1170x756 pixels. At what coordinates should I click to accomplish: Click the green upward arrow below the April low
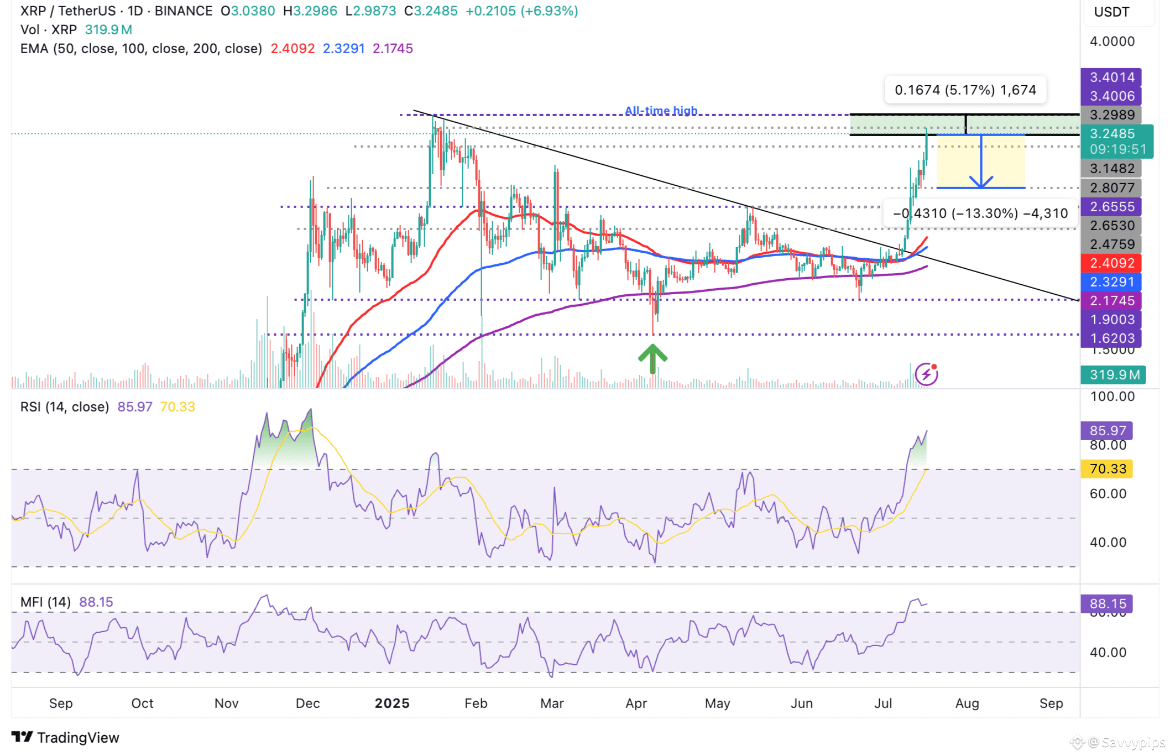point(652,358)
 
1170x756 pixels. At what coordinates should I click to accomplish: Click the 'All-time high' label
point(661,111)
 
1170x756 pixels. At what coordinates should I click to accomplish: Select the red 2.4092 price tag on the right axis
point(1111,263)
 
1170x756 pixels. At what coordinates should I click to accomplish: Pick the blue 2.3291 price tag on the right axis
point(1111,282)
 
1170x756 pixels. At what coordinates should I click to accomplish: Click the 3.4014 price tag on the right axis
point(1111,77)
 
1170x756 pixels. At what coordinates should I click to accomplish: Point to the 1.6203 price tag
point(1111,338)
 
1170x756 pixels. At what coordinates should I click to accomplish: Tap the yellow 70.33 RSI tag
point(1107,469)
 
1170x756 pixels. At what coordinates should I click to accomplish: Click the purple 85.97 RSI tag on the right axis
point(1107,430)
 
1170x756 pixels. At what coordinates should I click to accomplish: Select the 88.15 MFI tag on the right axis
point(1107,603)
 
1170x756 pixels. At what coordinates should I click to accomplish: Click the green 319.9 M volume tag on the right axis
point(1114,375)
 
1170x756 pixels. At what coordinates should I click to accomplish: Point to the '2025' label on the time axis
point(391,703)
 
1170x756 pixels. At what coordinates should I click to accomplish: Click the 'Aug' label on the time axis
point(967,703)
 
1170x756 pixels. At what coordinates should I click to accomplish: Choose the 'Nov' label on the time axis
point(226,703)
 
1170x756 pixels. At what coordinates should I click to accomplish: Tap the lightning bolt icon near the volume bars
point(926,374)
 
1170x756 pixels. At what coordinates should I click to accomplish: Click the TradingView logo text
point(77,738)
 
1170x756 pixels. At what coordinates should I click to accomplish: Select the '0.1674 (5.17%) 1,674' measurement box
point(965,90)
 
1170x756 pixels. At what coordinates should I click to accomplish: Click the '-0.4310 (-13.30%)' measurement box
point(980,213)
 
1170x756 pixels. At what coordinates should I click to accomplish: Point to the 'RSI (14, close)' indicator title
point(65,407)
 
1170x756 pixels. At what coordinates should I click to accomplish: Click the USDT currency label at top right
point(1111,12)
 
